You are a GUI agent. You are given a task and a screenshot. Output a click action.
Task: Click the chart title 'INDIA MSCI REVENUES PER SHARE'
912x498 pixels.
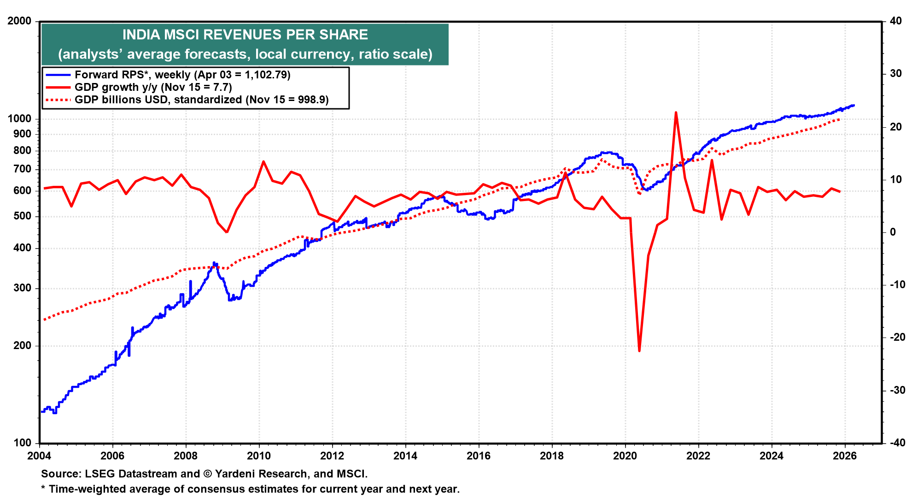click(245, 35)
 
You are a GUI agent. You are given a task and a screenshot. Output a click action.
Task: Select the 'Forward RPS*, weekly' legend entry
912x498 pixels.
click(182, 75)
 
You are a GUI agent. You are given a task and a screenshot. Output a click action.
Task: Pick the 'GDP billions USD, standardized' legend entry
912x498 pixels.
click(201, 100)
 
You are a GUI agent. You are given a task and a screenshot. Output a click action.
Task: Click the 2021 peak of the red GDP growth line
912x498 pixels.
click(676, 112)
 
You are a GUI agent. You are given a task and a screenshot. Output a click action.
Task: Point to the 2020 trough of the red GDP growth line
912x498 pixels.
click(639, 351)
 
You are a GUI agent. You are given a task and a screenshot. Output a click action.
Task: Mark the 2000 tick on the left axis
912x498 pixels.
click(19, 21)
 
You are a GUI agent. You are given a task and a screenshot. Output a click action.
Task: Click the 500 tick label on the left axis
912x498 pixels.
click(23, 216)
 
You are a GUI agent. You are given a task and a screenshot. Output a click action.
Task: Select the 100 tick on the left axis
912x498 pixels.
click(23, 443)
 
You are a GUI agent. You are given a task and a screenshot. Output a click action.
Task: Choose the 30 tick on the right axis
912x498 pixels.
click(895, 74)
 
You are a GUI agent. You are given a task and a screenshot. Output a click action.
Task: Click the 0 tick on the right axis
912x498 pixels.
click(893, 232)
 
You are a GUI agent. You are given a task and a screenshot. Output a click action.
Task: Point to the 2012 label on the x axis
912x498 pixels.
click(332, 456)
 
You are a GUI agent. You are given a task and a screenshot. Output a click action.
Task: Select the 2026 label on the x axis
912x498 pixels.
click(845, 456)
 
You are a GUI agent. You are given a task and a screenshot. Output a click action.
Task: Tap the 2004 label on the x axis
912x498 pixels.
click(40, 456)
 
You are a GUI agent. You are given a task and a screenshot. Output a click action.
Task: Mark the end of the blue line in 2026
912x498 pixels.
click(854, 105)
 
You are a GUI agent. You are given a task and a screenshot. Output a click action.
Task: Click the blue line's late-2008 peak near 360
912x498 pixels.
click(214, 263)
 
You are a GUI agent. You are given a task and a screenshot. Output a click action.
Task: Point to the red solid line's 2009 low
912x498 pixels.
click(227, 232)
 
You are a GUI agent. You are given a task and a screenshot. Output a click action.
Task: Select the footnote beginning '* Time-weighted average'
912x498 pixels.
click(250, 489)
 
